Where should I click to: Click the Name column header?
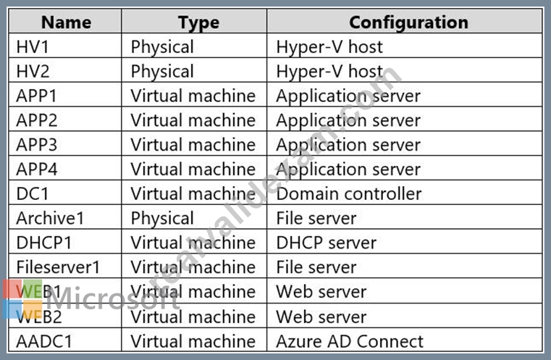(x=66, y=22)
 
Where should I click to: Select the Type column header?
(x=198, y=23)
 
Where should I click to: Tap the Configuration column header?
(x=408, y=23)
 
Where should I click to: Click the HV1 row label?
(x=33, y=47)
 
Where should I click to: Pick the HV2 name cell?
(x=33, y=72)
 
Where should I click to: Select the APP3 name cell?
(x=36, y=145)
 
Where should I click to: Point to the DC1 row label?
(x=33, y=193)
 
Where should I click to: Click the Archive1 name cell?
(x=50, y=218)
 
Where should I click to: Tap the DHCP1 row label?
(x=44, y=243)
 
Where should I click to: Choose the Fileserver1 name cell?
(x=59, y=267)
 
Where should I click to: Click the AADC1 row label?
(x=44, y=341)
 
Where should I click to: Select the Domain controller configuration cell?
(x=349, y=193)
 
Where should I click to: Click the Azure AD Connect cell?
(x=350, y=341)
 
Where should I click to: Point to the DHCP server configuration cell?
(x=326, y=243)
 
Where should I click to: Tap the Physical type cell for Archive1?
(x=162, y=219)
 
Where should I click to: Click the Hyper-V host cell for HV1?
(x=329, y=48)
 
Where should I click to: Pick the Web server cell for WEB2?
(x=321, y=317)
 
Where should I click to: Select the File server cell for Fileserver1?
(x=316, y=267)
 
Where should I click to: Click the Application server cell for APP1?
(x=348, y=96)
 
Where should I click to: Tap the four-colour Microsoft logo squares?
(x=22, y=299)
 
